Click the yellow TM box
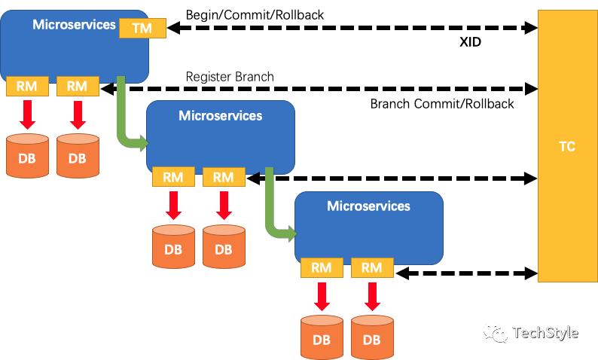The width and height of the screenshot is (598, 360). pyautogui.click(x=142, y=28)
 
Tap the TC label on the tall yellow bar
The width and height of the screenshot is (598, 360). pyautogui.click(x=567, y=146)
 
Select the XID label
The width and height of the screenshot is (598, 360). pyautogui.click(x=470, y=41)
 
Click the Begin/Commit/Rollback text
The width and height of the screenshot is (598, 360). pyautogui.click(x=255, y=15)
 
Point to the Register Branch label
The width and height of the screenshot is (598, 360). pyautogui.click(x=230, y=77)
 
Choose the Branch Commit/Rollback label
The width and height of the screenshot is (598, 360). pyautogui.click(x=442, y=104)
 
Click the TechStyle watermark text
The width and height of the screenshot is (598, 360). pyautogui.click(x=545, y=333)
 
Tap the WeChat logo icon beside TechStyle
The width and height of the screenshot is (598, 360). pyautogui.click(x=496, y=333)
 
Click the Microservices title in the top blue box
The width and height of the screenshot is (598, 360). pyautogui.click(x=74, y=24)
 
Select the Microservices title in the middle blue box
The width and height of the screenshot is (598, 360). pyautogui.click(x=221, y=115)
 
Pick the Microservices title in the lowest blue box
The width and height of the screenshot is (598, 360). pyautogui.click(x=368, y=206)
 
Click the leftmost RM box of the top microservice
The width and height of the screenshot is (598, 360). pyautogui.click(x=27, y=86)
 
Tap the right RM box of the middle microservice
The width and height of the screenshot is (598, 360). pyautogui.click(x=224, y=177)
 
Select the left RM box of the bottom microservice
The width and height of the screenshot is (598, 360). pyautogui.click(x=322, y=267)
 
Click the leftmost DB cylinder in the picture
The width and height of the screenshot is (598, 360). pyautogui.click(x=27, y=156)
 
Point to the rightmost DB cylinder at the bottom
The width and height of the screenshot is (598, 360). pyautogui.click(x=372, y=337)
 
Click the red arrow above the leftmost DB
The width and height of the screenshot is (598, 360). pyautogui.click(x=27, y=114)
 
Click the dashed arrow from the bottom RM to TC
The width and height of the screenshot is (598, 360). pyautogui.click(x=466, y=273)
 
